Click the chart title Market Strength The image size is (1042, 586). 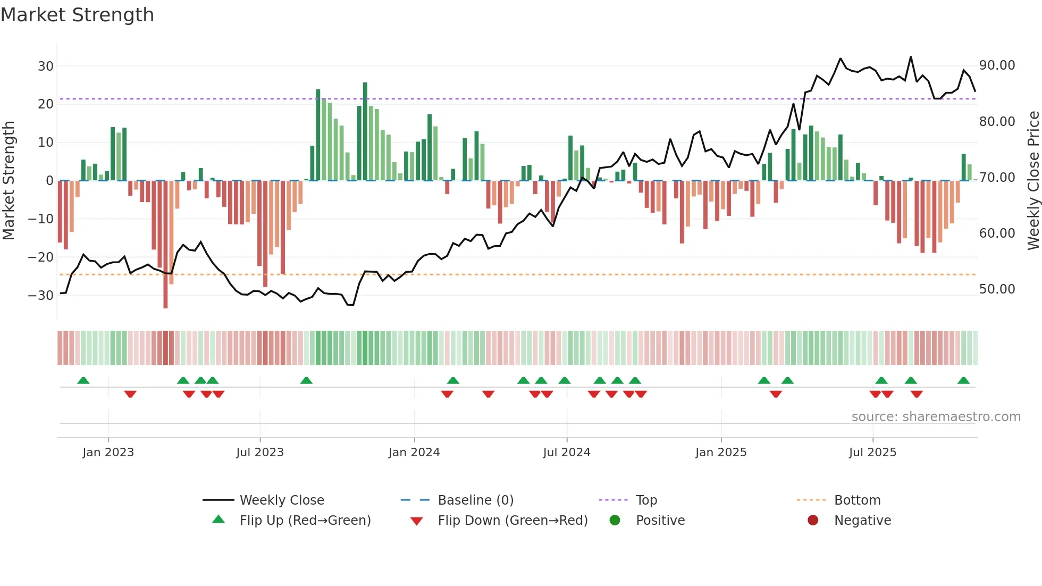pyautogui.click(x=77, y=15)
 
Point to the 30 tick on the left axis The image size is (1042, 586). pyautogui.click(x=46, y=66)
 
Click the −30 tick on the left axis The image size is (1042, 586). pyautogui.click(x=41, y=296)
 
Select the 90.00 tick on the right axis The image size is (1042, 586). pyautogui.click(x=997, y=65)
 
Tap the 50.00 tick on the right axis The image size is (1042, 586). pyautogui.click(x=997, y=289)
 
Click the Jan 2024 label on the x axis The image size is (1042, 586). pyautogui.click(x=414, y=453)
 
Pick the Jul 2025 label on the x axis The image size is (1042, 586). pyautogui.click(x=872, y=453)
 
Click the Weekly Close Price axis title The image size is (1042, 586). pyautogui.click(x=1033, y=181)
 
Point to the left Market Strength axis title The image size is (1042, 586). pyautogui.click(x=9, y=181)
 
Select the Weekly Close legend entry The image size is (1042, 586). pyautogui.click(x=282, y=500)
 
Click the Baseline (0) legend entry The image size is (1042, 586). pyautogui.click(x=475, y=500)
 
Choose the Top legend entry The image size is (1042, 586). pyautogui.click(x=646, y=500)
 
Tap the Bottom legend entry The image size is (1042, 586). pyautogui.click(x=857, y=500)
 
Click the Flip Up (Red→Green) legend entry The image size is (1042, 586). pyautogui.click(x=305, y=521)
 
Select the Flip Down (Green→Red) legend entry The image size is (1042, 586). pyautogui.click(x=512, y=521)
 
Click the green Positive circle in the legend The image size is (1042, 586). pyautogui.click(x=615, y=521)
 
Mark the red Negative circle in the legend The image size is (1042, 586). pyautogui.click(x=813, y=521)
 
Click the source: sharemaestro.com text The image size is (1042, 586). pyautogui.click(x=936, y=417)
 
